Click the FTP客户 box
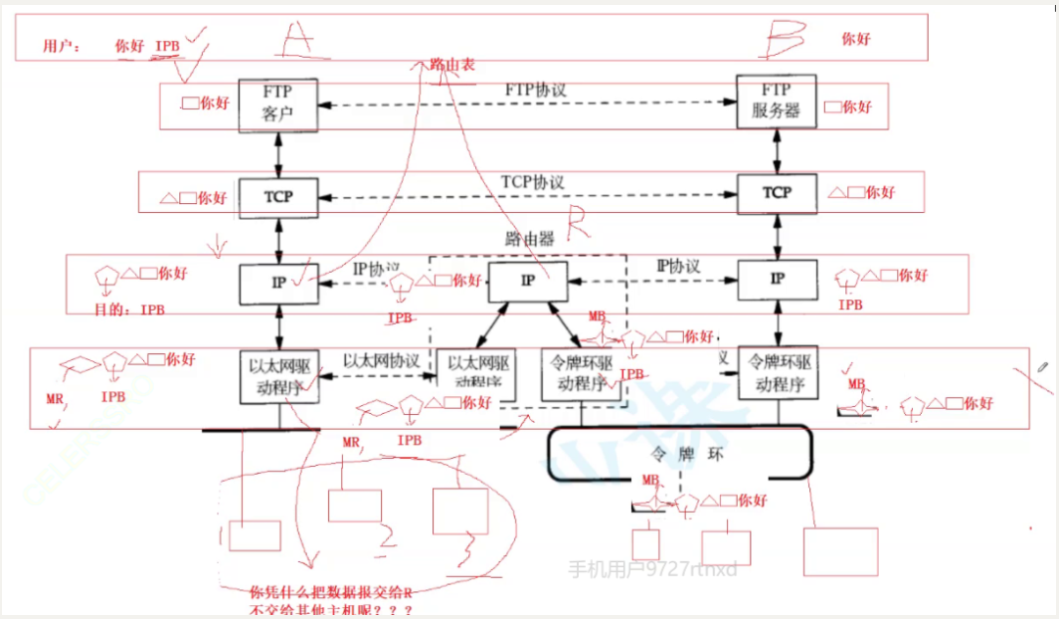[x=277, y=103]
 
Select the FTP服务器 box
[x=776, y=102]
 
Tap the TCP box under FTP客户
[x=278, y=196]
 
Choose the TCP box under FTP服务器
[x=776, y=192]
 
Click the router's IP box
[x=527, y=282]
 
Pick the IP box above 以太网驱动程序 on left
[x=278, y=283]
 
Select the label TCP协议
[x=533, y=182]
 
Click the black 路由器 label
[x=527, y=240]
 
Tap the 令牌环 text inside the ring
[x=678, y=453]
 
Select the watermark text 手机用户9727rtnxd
[x=652, y=569]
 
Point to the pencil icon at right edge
[x=1040, y=369]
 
